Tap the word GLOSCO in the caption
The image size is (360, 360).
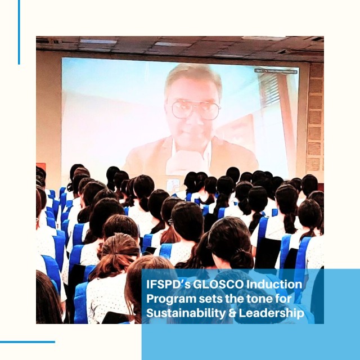218,285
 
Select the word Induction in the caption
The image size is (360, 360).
274,285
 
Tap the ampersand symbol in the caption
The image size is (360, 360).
232,313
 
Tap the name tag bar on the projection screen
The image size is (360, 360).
276,71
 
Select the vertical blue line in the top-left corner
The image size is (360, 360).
19,32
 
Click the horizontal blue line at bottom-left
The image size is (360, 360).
28,342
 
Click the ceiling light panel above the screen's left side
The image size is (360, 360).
98,42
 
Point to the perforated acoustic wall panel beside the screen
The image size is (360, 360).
315,117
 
